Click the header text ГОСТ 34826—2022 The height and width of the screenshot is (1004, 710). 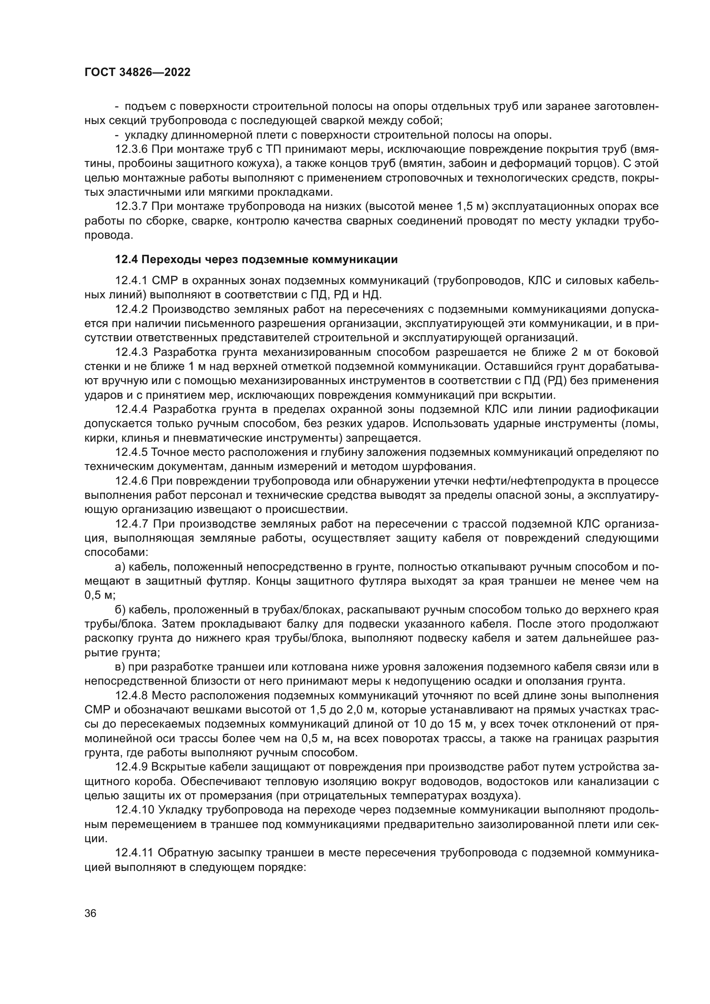[x=137, y=73]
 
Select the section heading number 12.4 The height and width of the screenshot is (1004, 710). [x=126, y=260]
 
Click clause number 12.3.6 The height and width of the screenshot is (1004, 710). [x=131, y=149]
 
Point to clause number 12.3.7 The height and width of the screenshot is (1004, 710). [x=131, y=206]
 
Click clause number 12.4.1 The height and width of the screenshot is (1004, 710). [x=131, y=280]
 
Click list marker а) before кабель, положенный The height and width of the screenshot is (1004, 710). [x=120, y=567]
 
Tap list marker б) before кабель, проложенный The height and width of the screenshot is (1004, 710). [x=120, y=610]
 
